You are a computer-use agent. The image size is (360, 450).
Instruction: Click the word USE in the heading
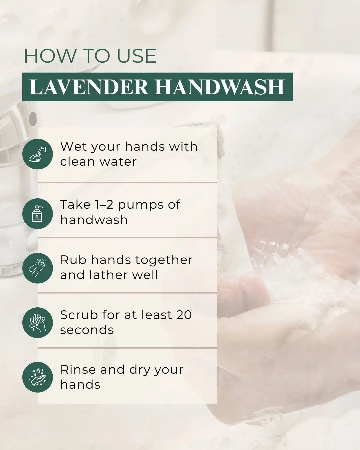[x=137, y=56]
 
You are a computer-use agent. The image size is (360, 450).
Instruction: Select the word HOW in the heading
[x=50, y=56]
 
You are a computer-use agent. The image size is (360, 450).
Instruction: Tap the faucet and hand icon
[x=38, y=154]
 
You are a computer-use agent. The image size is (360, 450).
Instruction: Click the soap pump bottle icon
[x=38, y=213]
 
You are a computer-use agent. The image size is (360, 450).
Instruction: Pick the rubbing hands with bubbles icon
[x=38, y=268]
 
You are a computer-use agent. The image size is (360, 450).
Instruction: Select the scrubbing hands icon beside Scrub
[x=38, y=323]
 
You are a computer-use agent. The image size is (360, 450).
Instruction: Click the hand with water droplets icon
[x=38, y=377]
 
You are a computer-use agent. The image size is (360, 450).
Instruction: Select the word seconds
[x=87, y=330]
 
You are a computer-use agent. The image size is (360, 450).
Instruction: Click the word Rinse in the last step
[x=78, y=370]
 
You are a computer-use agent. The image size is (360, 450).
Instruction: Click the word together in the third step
[x=164, y=261]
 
